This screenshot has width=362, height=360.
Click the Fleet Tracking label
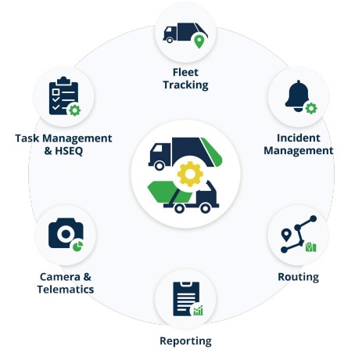tap(185, 78)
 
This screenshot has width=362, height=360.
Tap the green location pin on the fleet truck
tap(199, 41)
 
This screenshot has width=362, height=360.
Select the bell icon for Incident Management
tap(297, 95)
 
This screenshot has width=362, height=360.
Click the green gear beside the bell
tap(311, 108)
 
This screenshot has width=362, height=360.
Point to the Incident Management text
tap(299, 144)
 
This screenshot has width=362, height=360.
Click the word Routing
tap(299, 277)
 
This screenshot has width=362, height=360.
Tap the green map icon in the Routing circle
tap(311, 247)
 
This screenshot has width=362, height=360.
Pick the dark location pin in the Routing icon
tap(286, 235)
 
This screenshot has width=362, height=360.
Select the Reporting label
tap(185, 341)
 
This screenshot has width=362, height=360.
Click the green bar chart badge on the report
tap(198, 311)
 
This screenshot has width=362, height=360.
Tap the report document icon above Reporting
tap(186, 299)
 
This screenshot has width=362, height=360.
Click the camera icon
tap(66, 233)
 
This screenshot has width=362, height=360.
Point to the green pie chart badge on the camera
tap(77, 246)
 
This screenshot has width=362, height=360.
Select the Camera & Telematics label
tap(66, 283)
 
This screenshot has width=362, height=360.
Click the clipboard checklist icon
tap(63, 95)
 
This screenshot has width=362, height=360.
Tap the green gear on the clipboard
tap(75, 110)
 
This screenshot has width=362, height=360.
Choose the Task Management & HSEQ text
tap(63, 145)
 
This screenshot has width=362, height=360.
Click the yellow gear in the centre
tap(190, 174)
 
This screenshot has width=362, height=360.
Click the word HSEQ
tap(69, 151)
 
